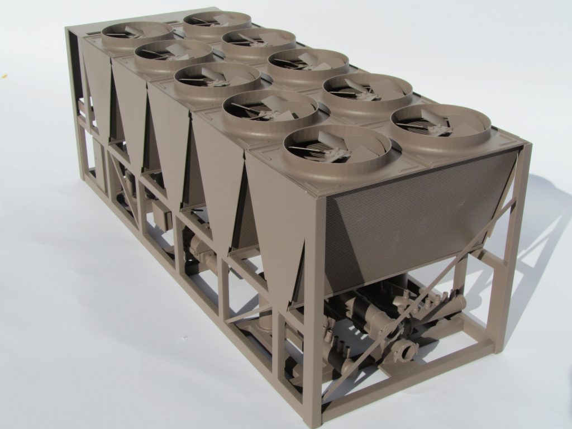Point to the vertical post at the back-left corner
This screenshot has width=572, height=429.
tap(73, 101)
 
